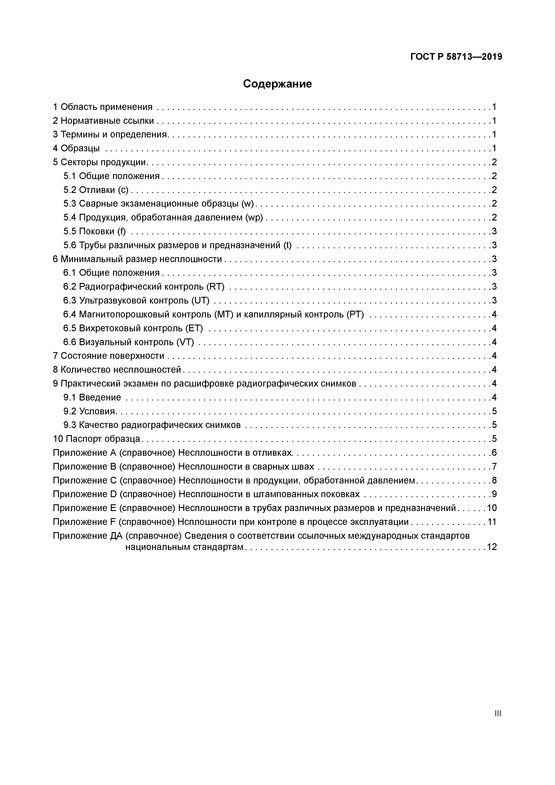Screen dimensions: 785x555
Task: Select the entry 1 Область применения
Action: (x=102, y=107)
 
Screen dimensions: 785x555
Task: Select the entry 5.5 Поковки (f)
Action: (x=94, y=231)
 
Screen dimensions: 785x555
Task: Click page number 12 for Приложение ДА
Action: (x=491, y=547)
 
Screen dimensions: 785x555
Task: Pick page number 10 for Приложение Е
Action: (x=491, y=508)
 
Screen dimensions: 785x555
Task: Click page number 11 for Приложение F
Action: (x=491, y=522)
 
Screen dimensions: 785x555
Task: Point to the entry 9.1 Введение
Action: (x=92, y=397)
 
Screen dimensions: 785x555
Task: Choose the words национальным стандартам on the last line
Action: (x=184, y=547)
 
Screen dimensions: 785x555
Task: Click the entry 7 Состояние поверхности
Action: (x=108, y=356)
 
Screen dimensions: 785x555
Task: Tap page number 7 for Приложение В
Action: (x=494, y=467)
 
